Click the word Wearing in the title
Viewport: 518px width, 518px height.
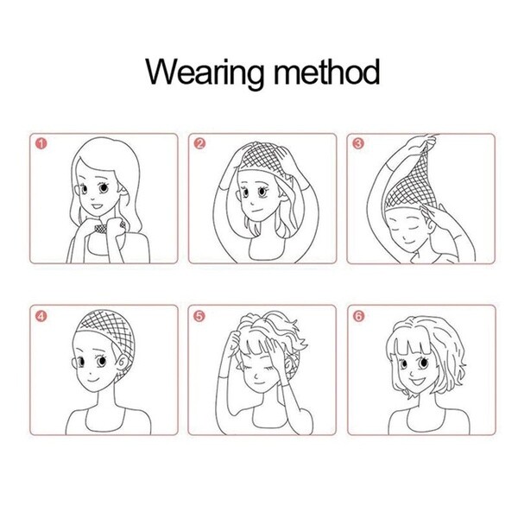point(205,74)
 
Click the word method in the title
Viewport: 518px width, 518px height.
point(326,71)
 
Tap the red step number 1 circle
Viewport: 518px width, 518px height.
point(41,143)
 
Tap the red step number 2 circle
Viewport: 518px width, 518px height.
point(199,143)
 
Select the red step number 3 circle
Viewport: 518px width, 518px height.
point(358,143)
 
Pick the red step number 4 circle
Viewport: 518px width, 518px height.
point(41,316)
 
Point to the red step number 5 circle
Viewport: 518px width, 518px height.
point(199,316)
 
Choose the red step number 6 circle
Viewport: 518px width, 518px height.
point(358,316)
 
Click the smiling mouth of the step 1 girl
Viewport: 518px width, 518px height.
point(97,206)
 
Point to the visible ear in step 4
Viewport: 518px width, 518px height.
point(122,363)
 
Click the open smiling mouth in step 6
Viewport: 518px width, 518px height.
point(417,382)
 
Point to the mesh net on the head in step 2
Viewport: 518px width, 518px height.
point(262,159)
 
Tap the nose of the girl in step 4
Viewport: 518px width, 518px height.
point(91,370)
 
